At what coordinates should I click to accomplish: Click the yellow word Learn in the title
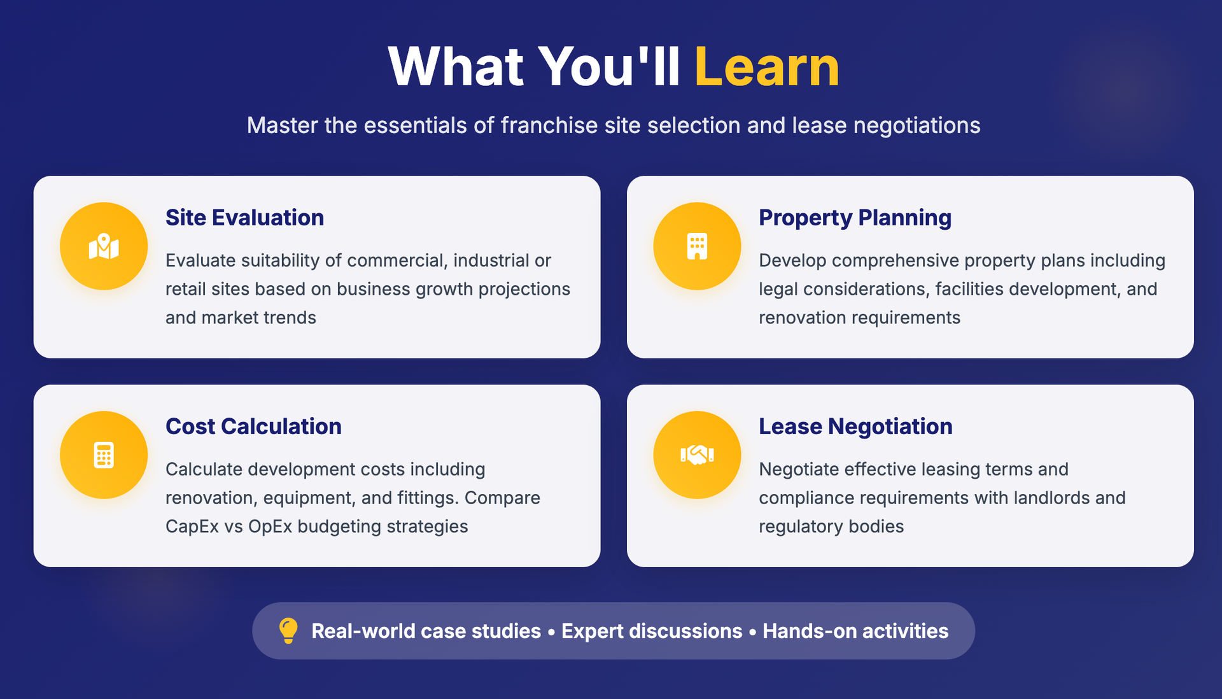pyautogui.click(x=767, y=66)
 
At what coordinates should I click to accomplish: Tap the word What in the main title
pyautogui.click(x=456, y=66)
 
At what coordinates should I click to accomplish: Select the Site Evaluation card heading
pyautogui.click(x=245, y=218)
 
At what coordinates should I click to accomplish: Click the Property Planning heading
pyautogui.click(x=855, y=218)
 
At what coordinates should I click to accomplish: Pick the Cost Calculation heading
pyautogui.click(x=253, y=427)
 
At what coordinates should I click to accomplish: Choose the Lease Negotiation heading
pyautogui.click(x=855, y=427)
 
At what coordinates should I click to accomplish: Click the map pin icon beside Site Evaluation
pyautogui.click(x=104, y=246)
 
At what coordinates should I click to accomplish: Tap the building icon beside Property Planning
pyautogui.click(x=697, y=246)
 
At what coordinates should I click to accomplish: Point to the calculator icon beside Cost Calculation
pyautogui.click(x=104, y=455)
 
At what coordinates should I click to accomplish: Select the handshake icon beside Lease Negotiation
pyautogui.click(x=697, y=455)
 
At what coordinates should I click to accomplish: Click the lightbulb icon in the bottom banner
pyautogui.click(x=288, y=631)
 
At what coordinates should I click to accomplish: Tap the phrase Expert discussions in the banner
pyautogui.click(x=652, y=631)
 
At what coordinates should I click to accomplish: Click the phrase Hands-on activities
pyautogui.click(x=855, y=631)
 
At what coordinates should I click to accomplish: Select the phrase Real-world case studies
pyautogui.click(x=426, y=631)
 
